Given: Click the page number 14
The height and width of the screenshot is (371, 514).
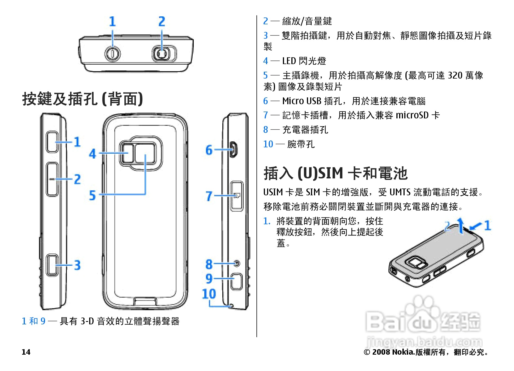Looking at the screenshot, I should [x=26, y=352].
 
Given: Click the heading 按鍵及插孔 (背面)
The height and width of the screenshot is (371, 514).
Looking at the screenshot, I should [x=82, y=99].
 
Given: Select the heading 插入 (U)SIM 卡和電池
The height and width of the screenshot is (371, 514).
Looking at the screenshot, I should [x=335, y=173].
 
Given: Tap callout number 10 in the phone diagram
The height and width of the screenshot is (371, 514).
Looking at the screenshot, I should [x=209, y=294].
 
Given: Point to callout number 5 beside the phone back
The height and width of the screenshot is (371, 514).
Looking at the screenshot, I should [x=92, y=195].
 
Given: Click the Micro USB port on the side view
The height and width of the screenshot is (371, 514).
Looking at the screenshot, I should [x=234, y=149].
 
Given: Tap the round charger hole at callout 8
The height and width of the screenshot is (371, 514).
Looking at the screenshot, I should [x=237, y=264].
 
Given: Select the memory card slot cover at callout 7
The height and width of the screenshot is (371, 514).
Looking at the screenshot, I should [x=237, y=196].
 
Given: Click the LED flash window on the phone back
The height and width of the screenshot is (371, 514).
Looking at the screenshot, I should [x=126, y=153].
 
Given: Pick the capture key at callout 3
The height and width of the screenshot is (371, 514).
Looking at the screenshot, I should [x=52, y=265].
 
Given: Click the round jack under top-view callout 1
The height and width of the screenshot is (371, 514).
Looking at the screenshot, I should [x=112, y=53].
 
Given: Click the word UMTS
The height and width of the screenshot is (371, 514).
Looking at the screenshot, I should [x=400, y=192].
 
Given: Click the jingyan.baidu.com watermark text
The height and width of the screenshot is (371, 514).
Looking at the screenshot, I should [x=424, y=341].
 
